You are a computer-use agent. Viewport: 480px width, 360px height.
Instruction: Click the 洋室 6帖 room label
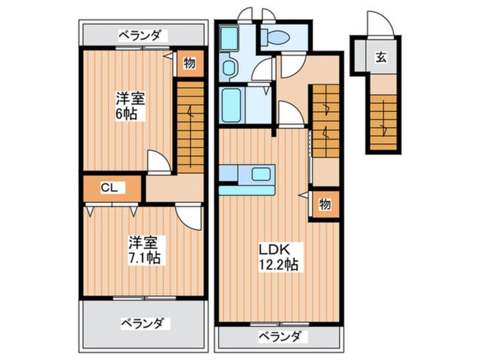[130, 105]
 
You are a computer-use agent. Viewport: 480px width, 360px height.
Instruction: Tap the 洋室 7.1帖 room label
[144, 250]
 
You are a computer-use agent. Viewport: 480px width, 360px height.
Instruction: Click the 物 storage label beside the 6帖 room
[190, 63]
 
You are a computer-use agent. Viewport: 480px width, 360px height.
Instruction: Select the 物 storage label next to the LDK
[324, 205]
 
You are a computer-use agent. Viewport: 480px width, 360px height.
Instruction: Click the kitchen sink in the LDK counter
[262, 174]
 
